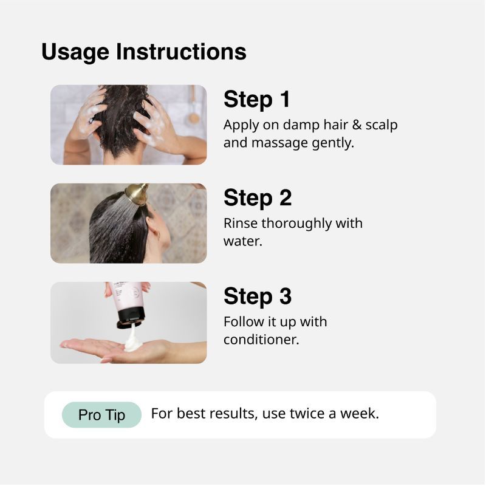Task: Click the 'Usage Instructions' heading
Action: coord(144,52)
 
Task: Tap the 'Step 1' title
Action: coord(256,100)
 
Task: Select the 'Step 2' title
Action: coord(258,198)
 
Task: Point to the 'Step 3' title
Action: coord(258,296)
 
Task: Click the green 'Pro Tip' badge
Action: coord(101,415)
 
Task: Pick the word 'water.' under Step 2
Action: coord(242,241)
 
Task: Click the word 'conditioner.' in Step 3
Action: coord(261,340)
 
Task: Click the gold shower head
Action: coord(137,194)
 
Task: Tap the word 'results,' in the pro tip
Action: coord(233,414)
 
